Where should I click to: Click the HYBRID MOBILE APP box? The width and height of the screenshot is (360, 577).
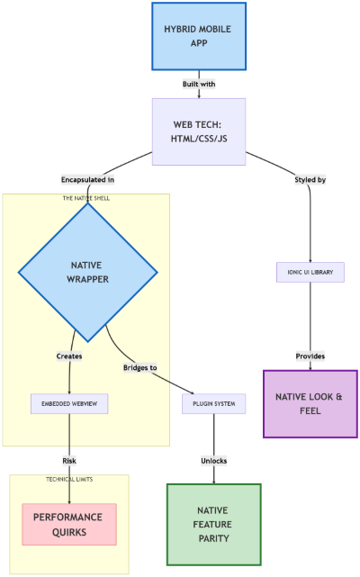(x=198, y=36)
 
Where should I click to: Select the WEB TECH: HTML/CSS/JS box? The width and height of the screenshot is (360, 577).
(x=198, y=131)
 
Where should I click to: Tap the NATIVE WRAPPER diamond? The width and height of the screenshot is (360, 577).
(x=87, y=272)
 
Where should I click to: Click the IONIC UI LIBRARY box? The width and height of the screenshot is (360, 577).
(x=310, y=272)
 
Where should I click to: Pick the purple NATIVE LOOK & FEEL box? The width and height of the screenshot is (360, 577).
(x=310, y=403)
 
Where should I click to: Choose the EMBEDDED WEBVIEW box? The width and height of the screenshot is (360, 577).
(x=69, y=404)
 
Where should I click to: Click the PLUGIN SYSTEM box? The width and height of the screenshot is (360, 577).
(x=213, y=404)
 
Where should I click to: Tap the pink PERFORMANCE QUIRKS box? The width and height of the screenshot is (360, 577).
(x=69, y=524)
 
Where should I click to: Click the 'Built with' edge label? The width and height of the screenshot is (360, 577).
(x=198, y=84)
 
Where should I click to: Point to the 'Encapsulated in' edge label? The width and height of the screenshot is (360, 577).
(x=87, y=179)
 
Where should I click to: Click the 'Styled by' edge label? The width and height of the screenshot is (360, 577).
(x=310, y=179)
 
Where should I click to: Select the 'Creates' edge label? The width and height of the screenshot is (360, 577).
(x=69, y=356)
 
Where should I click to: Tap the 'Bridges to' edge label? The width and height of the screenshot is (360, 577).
(x=139, y=367)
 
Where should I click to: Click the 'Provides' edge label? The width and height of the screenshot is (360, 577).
(x=310, y=356)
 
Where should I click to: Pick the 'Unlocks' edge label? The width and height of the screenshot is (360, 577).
(x=213, y=461)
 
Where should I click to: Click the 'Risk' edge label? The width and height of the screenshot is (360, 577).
(x=69, y=461)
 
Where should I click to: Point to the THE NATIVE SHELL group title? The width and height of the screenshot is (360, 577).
(x=85, y=198)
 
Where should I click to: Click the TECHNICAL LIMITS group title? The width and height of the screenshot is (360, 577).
(x=69, y=479)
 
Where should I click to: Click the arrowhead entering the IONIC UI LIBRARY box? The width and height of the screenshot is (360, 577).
(x=310, y=259)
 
